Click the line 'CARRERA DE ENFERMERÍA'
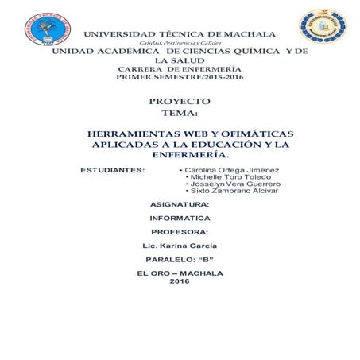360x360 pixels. coord(180,69)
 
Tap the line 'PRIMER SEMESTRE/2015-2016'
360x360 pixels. coord(180,77)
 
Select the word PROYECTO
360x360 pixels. coord(180,102)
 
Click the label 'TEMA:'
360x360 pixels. coord(180,114)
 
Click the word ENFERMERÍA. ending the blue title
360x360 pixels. coord(180,157)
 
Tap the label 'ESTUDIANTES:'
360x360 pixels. coord(114,170)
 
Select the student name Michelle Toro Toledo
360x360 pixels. coord(230,177)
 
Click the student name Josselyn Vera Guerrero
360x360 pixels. coord(234,184)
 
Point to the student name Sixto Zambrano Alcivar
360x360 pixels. coord(233,192)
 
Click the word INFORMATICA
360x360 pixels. coord(180,217)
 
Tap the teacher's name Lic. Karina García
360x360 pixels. coord(180,246)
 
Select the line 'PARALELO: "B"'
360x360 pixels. coord(180,260)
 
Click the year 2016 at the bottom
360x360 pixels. coord(180,281)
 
